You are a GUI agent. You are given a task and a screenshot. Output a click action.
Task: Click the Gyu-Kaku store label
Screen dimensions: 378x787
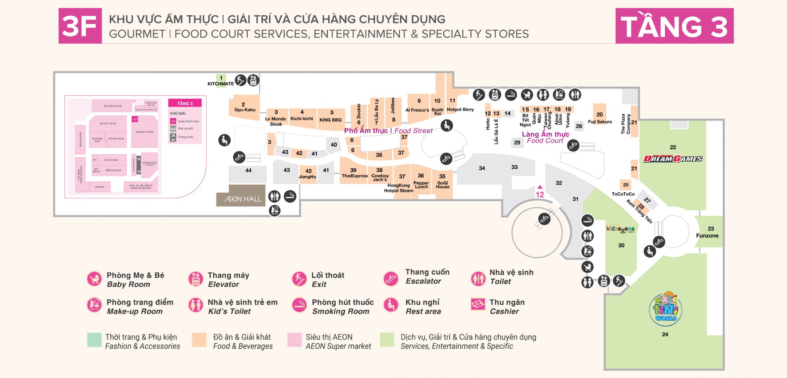coord(245,110)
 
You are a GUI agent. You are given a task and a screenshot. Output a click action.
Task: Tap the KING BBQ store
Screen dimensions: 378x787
coord(330,120)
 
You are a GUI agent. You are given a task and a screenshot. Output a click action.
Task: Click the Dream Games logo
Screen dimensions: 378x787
coord(673,159)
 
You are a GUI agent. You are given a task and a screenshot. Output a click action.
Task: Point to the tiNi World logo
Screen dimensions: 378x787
coord(666,309)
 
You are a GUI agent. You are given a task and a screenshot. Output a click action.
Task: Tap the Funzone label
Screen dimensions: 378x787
coord(707,236)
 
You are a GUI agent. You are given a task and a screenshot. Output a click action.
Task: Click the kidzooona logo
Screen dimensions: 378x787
coord(620,229)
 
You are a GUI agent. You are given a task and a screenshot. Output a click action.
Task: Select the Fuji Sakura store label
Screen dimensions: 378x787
coord(599,122)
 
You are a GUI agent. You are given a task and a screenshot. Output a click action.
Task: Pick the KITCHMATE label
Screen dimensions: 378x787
coord(220,84)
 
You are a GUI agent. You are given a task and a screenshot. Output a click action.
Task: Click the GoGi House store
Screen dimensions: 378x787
coord(442,184)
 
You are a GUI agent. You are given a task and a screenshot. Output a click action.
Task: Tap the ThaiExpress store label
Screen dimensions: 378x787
coord(354,176)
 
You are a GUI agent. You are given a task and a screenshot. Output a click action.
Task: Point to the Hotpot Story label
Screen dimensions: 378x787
coord(460,109)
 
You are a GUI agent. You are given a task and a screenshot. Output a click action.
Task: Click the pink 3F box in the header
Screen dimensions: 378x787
coord(80,26)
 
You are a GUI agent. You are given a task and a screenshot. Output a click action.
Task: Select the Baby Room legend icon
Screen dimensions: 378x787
coord(94,279)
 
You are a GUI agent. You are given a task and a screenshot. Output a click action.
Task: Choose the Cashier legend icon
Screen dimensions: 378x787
coord(478,304)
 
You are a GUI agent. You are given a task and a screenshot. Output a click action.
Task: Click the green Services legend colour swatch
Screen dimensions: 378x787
coord(387,340)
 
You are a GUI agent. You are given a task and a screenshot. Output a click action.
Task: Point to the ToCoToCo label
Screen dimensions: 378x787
coord(623,194)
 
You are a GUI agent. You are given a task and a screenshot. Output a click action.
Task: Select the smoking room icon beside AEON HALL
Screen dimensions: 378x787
coord(290,196)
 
